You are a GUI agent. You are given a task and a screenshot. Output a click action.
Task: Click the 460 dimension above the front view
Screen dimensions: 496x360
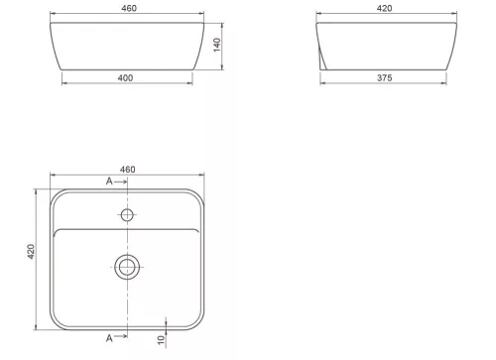pos(129,8)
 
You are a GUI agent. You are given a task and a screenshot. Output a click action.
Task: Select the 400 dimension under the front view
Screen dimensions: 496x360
pos(125,78)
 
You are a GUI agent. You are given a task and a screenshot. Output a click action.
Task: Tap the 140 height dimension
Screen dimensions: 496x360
pos(217,45)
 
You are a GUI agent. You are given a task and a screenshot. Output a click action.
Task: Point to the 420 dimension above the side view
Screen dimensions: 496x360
pos(384,8)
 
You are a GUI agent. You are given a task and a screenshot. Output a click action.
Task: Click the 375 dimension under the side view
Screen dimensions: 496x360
pos(385,78)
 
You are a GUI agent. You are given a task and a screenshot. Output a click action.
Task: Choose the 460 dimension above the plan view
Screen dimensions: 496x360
pos(127,170)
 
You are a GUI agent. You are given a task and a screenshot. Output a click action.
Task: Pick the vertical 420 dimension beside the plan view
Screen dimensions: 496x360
pos(31,252)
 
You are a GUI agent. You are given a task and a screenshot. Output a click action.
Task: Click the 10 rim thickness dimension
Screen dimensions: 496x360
pos(161,340)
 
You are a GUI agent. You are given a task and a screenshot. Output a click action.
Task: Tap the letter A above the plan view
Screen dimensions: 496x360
pos(109,181)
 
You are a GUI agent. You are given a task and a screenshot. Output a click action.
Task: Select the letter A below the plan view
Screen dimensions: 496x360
pos(109,338)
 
